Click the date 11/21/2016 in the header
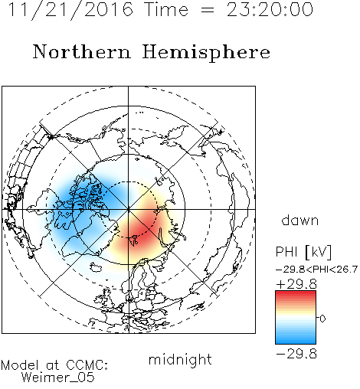tap(70, 9)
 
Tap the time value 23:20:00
tap(270, 9)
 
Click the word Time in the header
tap(166, 9)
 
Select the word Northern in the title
tap(82, 51)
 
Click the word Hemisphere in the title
tap(206, 53)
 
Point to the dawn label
tap(300, 220)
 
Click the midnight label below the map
tap(180, 360)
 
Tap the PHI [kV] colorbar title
tap(303, 252)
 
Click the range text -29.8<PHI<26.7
tap(317, 270)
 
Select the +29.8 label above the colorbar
tap(296, 284)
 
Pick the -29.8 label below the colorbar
tap(296, 354)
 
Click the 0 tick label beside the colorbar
tap(322, 319)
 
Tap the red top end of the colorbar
tap(296, 293)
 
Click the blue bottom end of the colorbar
tap(296, 342)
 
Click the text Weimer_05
tap(58, 378)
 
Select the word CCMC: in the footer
tap(87, 365)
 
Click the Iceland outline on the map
tap(96, 267)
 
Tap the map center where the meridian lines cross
tap(129, 210)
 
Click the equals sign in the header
tap(208, 10)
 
